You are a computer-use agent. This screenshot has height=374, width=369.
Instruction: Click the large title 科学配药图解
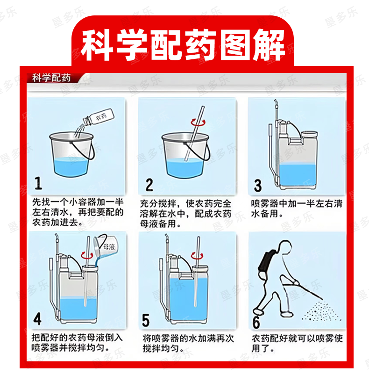click(183, 45)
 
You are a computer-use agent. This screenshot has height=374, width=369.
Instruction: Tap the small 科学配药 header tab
click(51, 78)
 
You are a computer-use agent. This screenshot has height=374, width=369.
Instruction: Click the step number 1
click(38, 183)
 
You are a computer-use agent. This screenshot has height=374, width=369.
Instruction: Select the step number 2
click(149, 185)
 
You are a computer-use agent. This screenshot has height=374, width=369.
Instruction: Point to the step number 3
click(258, 186)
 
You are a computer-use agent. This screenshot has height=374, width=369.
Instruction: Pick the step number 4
click(37, 319)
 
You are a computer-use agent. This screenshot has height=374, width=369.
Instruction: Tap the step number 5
click(146, 320)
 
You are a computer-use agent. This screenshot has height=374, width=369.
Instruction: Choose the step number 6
click(256, 322)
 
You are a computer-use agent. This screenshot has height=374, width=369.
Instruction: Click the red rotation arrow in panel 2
click(198, 122)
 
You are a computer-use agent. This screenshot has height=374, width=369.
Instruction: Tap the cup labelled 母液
click(105, 246)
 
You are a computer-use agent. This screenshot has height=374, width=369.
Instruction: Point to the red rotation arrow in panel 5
click(197, 256)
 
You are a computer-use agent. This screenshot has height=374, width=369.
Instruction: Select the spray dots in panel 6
click(321, 311)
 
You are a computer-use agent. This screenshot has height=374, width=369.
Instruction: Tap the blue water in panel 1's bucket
click(71, 167)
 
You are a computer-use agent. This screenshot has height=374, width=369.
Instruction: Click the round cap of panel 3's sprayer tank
click(309, 134)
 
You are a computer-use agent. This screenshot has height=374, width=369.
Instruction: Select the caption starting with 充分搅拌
click(185, 214)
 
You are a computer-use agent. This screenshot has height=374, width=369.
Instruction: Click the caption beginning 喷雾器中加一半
click(297, 209)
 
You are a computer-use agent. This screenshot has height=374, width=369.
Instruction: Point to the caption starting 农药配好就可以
click(297, 344)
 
